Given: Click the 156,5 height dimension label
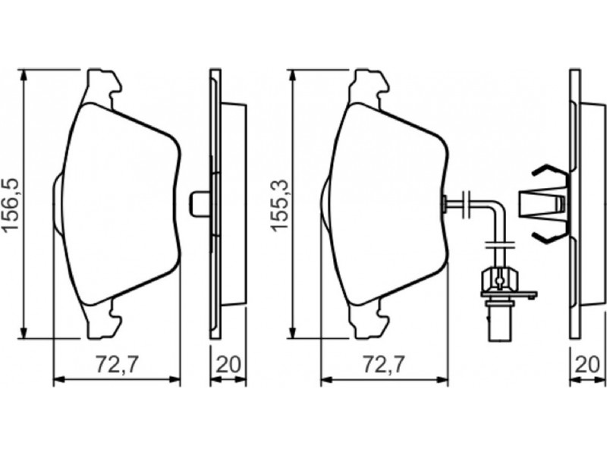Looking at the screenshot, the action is click(x=11, y=204).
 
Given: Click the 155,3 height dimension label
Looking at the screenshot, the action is click(x=279, y=205).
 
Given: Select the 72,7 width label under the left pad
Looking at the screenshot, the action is click(x=117, y=365).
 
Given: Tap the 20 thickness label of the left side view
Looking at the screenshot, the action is click(x=228, y=365).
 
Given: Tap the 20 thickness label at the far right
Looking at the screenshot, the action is click(x=588, y=365).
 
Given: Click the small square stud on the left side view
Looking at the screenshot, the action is click(x=200, y=203).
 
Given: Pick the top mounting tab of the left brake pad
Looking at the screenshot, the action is click(x=104, y=88).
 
